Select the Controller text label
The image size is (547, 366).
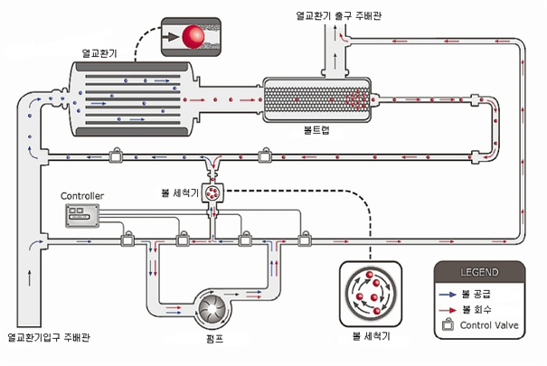point(82,196)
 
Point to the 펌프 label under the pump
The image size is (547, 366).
point(214,340)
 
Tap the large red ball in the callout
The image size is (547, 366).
point(192,37)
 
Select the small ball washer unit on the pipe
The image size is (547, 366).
point(214,192)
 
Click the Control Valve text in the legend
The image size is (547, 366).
point(488,325)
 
